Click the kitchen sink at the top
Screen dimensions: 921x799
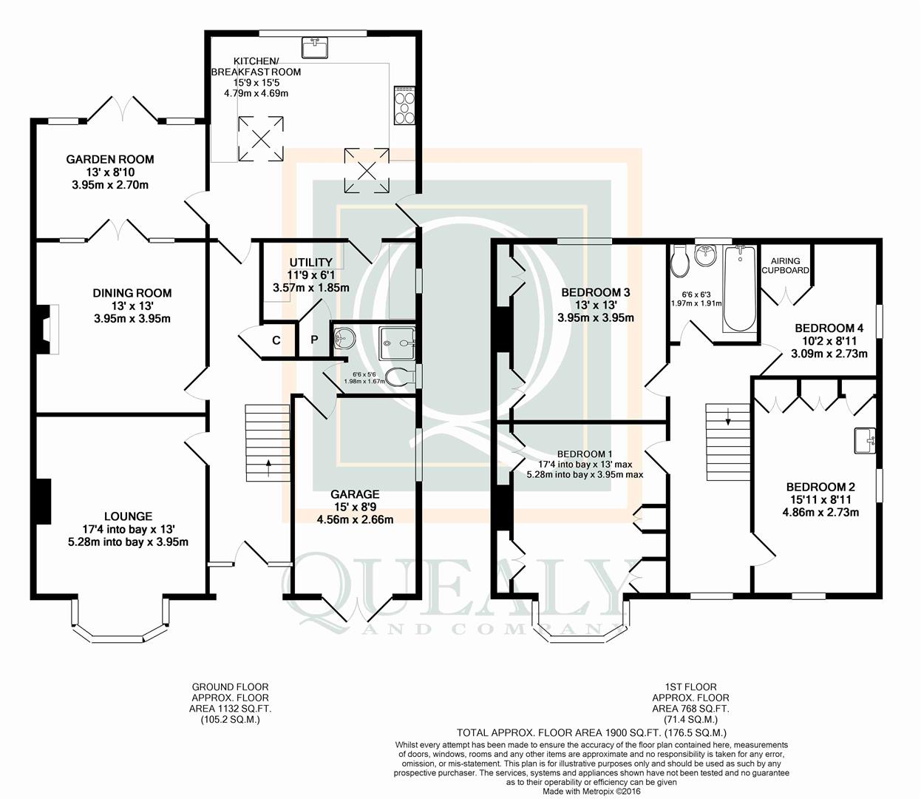tap(315, 47)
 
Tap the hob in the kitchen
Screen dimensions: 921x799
tap(404, 105)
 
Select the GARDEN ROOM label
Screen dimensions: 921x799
tap(110, 159)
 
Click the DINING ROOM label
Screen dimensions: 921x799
tap(132, 293)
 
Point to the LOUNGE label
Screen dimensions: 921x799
tap(129, 516)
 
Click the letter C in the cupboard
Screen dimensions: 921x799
tap(276, 340)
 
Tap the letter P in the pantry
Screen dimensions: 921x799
tap(315, 340)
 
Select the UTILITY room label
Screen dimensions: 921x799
tap(311, 262)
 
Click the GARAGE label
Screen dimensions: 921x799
tap(355, 494)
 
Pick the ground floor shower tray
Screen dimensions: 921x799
tap(396, 343)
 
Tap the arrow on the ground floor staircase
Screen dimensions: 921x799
tap(268, 468)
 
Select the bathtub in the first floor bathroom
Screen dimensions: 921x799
tap(740, 289)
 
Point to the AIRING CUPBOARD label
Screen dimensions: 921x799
tap(785, 266)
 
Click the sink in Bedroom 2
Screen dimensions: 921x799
tap(865, 440)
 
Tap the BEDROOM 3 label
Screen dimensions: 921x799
tap(596, 292)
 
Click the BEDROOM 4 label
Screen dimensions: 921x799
tap(829, 328)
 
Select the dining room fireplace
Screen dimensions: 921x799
tap(47, 329)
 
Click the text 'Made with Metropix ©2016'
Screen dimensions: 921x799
tap(591, 792)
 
